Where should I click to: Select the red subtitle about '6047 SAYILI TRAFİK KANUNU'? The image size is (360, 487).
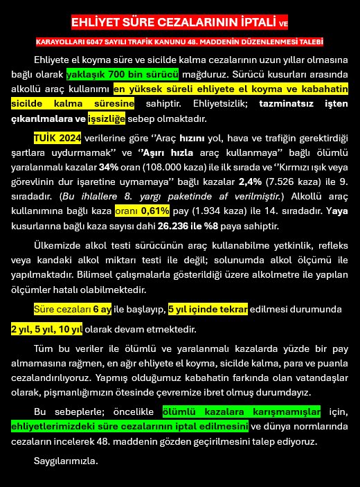(x=179, y=42)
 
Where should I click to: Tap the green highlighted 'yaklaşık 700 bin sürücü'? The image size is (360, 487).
(x=123, y=73)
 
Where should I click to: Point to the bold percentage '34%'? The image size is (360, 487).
(x=108, y=166)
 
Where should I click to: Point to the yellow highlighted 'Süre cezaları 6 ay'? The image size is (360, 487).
(x=73, y=308)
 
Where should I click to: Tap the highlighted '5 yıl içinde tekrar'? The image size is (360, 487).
(x=208, y=308)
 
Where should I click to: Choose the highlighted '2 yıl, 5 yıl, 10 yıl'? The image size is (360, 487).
(x=46, y=328)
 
